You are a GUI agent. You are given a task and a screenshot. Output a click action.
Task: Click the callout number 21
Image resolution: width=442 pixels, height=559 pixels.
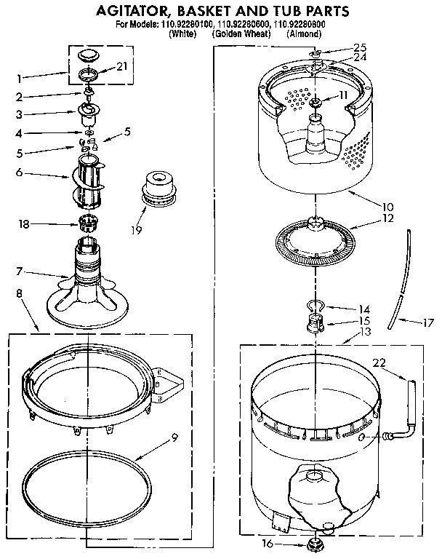coord(122,66)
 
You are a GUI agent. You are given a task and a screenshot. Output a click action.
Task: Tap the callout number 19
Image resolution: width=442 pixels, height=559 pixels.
coord(136,231)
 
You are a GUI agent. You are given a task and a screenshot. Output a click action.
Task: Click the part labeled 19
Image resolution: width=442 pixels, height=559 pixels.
coord(159,191)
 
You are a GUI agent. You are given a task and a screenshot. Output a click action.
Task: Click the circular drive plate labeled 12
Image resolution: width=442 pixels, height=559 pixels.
coord(317,238)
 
